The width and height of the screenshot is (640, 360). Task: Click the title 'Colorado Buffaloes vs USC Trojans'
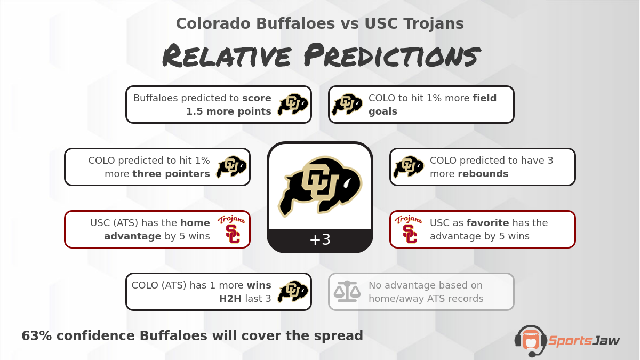[x=319, y=23]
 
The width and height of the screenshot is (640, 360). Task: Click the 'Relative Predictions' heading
[x=319, y=56]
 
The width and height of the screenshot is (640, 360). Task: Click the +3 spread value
[x=319, y=240]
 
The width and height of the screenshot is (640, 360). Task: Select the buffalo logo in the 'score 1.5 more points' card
[x=293, y=105]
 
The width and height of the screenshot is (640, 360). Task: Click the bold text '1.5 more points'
[x=228, y=111]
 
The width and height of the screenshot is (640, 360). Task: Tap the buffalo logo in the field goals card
[x=347, y=105]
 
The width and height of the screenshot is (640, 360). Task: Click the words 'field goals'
[x=432, y=105]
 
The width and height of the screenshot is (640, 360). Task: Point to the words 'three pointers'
[x=171, y=174]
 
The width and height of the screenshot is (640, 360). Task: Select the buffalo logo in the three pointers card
[x=231, y=167]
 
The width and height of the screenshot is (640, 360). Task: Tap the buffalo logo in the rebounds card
[x=409, y=167]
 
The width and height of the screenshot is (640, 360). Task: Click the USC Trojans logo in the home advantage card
[x=231, y=229]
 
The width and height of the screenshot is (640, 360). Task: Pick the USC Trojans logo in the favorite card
[x=409, y=229]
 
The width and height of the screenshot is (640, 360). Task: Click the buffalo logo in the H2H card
[x=293, y=292]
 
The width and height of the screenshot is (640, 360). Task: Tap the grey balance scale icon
[x=347, y=292]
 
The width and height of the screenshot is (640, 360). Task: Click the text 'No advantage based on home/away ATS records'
[x=426, y=292]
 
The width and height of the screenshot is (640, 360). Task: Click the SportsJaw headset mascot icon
[x=530, y=340]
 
